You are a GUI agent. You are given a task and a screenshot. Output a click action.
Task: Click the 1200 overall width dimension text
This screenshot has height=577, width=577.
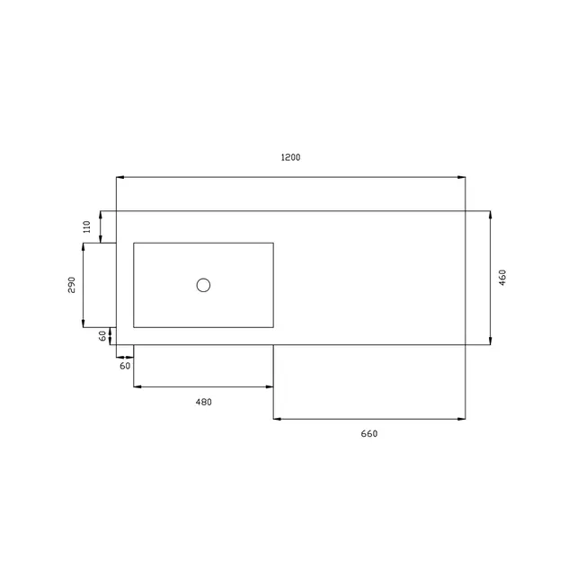(290, 157)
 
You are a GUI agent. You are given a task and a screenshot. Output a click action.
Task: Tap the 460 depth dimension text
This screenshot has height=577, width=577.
(503, 278)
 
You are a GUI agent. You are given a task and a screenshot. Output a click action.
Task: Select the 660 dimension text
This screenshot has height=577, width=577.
(369, 434)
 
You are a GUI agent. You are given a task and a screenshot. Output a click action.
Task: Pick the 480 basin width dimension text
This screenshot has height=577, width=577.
(203, 402)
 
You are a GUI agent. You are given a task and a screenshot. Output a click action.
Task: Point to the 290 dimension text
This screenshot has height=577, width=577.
(71, 285)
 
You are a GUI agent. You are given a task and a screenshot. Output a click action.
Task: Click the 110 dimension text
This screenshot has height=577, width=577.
(87, 226)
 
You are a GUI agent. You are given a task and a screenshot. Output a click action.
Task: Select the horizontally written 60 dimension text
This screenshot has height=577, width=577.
(125, 367)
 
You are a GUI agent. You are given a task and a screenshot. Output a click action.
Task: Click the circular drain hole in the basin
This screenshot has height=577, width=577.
(203, 285)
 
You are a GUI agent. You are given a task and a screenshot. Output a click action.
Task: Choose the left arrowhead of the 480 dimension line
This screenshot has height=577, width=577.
(137, 386)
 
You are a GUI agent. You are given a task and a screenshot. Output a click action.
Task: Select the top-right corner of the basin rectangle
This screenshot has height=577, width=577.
(273, 243)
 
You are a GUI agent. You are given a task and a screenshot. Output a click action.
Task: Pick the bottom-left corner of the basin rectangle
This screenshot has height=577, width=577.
(134, 327)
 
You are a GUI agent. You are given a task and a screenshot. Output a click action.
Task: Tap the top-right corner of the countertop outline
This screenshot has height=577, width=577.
(465, 211)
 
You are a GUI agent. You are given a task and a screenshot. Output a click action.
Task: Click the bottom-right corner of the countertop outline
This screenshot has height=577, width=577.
(465, 344)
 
